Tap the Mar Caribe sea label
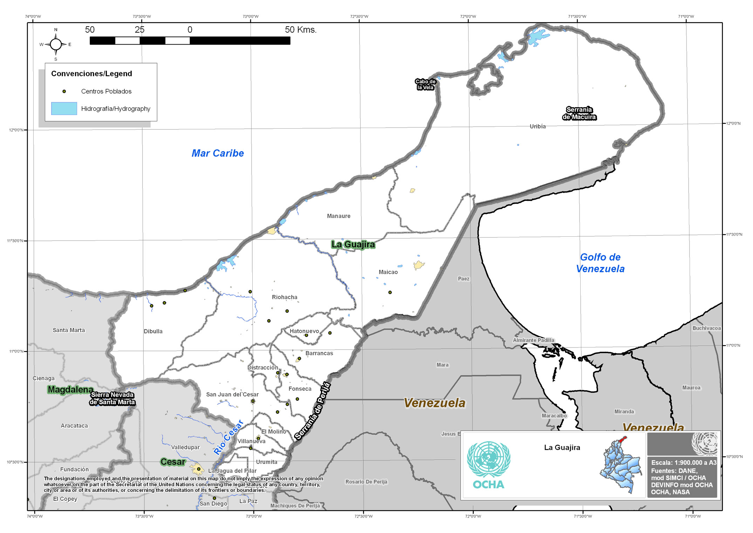[x=218, y=153]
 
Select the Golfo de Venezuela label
[x=600, y=263]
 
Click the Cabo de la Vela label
[x=425, y=85]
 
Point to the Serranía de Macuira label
[x=579, y=113]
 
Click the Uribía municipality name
[x=538, y=127]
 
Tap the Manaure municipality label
[x=338, y=216]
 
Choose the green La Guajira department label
[x=353, y=244]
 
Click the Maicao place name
[x=388, y=272]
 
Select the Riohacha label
[x=285, y=297]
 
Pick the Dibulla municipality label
[x=153, y=331]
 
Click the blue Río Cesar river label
[x=228, y=437]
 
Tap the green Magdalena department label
[x=70, y=390]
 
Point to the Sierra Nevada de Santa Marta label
[x=112, y=399]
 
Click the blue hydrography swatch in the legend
[x=64, y=109]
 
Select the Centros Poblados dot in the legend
[x=64, y=92]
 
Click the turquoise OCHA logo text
[x=488, y=485]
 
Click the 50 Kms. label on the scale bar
[x=301, y=30]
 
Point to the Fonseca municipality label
[x=300, y=389]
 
